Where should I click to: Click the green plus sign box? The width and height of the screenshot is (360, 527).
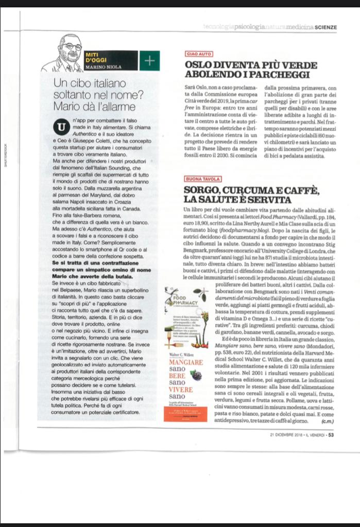click(x=149, y=61)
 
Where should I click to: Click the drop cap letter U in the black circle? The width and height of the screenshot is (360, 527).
click(x=62, y=126)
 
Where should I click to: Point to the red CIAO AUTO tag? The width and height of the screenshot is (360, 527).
click(x=198, y=54)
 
